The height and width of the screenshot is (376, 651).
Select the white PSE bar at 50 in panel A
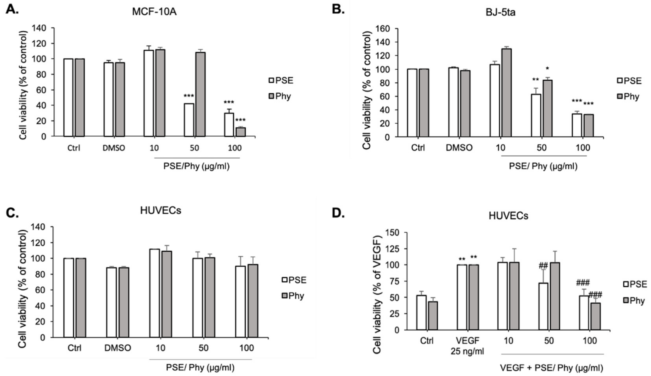(x=189, y=120)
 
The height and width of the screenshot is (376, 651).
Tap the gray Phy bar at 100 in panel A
(x=241, y=132)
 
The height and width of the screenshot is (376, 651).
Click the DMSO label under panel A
(x=114, y=148)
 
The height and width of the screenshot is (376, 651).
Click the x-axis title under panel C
(x=200, y=367)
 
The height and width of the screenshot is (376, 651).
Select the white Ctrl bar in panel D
(x=421, y=313)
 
